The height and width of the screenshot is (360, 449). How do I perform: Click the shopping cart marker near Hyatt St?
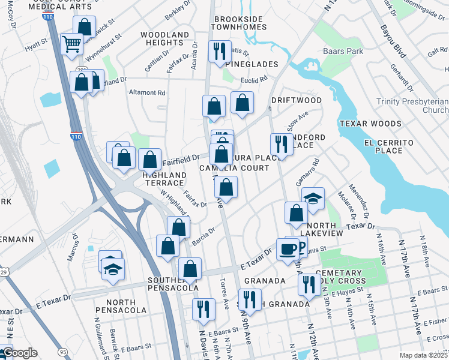(72, 43)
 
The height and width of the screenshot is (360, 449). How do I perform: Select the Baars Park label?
(343, 52)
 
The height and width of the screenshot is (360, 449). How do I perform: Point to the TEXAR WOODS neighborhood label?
(370, 124)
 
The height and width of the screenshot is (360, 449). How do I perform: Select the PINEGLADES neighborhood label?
(252, 64)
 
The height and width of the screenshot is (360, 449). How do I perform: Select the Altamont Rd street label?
(147, 93)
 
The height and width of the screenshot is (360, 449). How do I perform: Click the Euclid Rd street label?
(256, 80)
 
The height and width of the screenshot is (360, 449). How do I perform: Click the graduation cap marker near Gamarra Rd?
(313, 202)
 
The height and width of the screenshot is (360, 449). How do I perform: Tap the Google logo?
(20, 353)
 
